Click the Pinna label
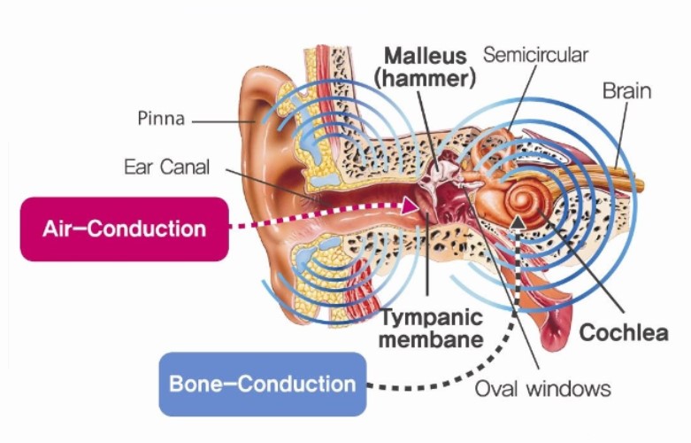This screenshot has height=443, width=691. click(x=161, y=118)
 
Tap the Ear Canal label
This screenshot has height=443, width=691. click(x=166, y=167)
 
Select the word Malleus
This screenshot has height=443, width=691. click(x=426, y=56)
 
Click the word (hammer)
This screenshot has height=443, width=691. click(x=425, y=79)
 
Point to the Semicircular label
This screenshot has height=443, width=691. click(x=535, y=55)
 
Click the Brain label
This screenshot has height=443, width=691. click(x=626, y=91)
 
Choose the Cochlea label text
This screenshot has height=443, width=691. click(x=624, y=332)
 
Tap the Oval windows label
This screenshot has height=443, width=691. click(x=542, y=389)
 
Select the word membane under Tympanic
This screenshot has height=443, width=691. click(x=432, y=339)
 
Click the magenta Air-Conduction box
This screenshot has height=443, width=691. click(x=124, y=229)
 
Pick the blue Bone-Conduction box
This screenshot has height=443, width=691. click(x=263, y=384)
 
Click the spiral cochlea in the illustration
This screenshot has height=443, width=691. click(x=524, y=201)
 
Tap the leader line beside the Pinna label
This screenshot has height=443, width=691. click(x=224, y=121)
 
